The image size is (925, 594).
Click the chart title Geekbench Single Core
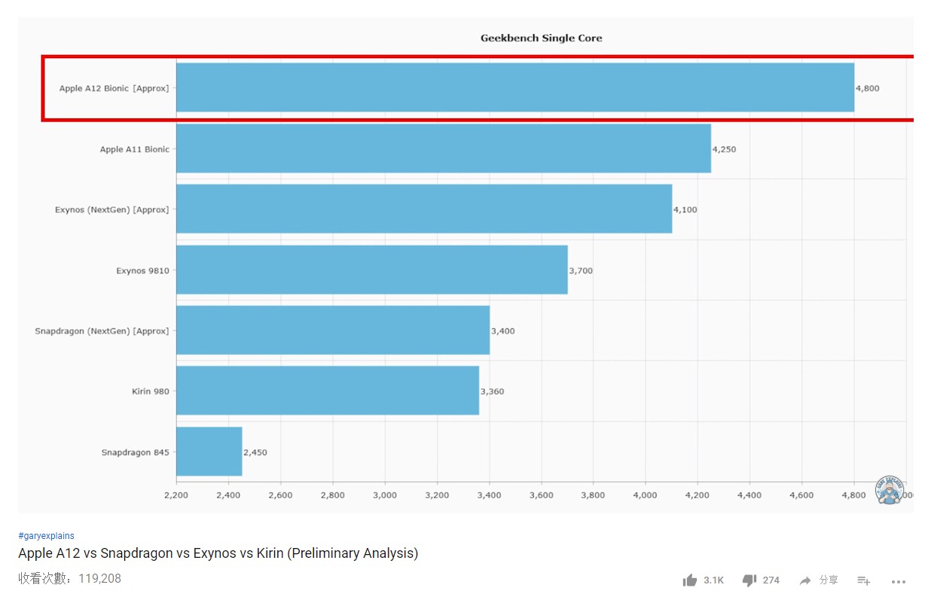[541, 38]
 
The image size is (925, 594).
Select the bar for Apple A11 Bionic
[443, 148]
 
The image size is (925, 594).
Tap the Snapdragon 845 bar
[209, 452]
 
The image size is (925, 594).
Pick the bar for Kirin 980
[327, 390]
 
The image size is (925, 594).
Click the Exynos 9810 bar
[371, 270]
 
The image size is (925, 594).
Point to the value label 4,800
[867, 88]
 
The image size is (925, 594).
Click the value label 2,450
[255, 452]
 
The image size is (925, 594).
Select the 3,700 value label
[581, 271]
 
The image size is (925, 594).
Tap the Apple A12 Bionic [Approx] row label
[114, 88]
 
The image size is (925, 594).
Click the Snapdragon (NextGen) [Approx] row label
[102, 331]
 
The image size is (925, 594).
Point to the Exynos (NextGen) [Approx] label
[111, 210]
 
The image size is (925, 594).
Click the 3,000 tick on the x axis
[384, 495]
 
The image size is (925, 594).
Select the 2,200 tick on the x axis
[176, 495]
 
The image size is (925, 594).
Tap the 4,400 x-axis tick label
[749, 495]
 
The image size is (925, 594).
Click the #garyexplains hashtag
[46, 536]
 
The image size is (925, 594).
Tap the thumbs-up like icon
[689, 580]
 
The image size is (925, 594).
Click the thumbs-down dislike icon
[749, 580]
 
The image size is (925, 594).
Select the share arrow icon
[805, 580]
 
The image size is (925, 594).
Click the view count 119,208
[99, 579]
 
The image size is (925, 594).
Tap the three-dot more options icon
[898, 581]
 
